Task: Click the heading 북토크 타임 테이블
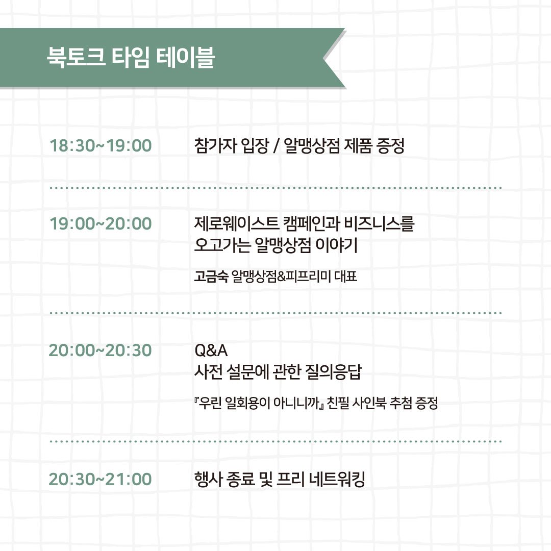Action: pyautogui.click(x=130, y=58)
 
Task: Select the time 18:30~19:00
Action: pyautogui.click(x=101, y=146)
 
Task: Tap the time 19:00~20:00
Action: pyautogui.click(x=101, y=223)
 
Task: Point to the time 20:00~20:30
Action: pyautogui.click(x=101, y=350)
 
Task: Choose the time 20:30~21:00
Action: pyautogui.click(x=101, y=479)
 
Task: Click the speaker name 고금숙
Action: pyautogui.click(x=211, y=278)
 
